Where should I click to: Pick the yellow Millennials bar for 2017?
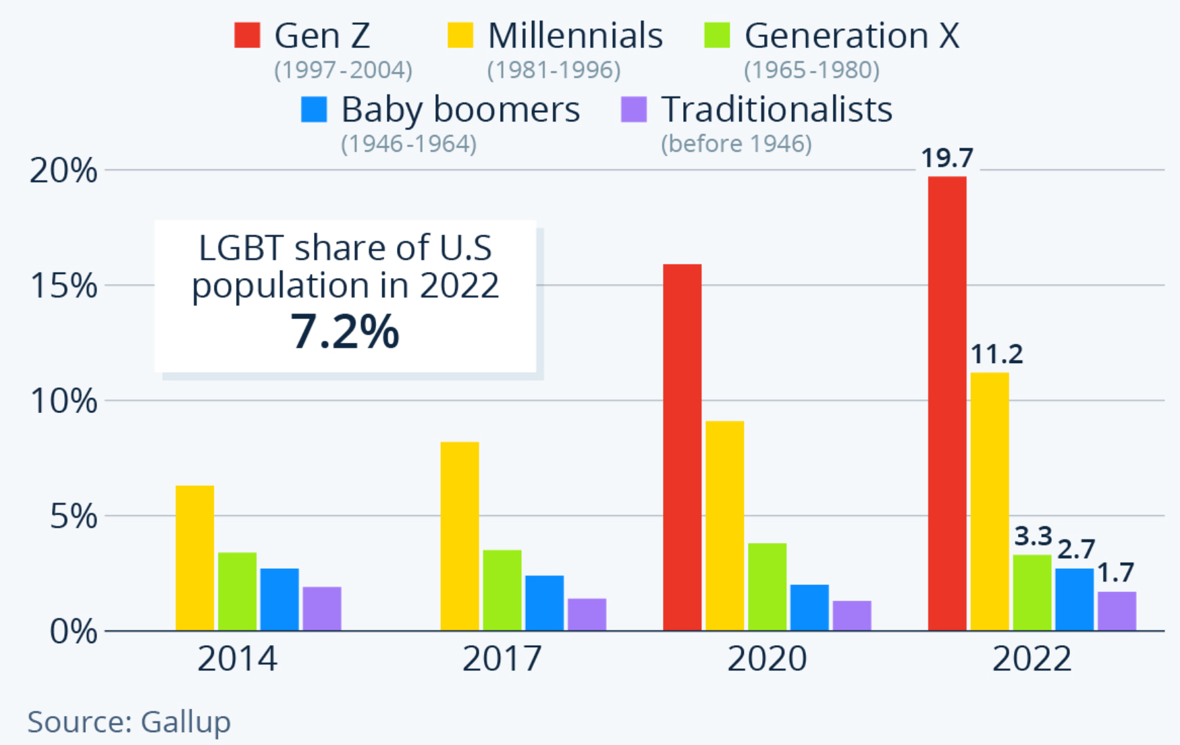(x=460, y=536)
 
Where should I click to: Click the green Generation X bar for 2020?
(x=767, y=586)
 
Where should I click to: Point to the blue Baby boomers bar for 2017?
(x=544, y=603)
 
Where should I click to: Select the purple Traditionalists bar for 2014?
(x=322, y=609)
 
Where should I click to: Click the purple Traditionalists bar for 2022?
(x=1117, y=611)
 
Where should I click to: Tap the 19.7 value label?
(x=947, y=159)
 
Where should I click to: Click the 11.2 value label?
(x=996, y=354)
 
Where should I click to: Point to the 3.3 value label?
(x=1033, y=536)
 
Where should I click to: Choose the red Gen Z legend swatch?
(x=247, y=35)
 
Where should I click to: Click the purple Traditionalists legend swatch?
(x=634, y=109)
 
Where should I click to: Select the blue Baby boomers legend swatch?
(x=314, y=109)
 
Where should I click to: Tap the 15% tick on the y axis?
(x=64, y=286)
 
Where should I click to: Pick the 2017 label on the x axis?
(x=502, y=659)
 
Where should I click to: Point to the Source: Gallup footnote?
(x=129, y=721)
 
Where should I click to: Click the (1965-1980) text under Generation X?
(x=811, y=70)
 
